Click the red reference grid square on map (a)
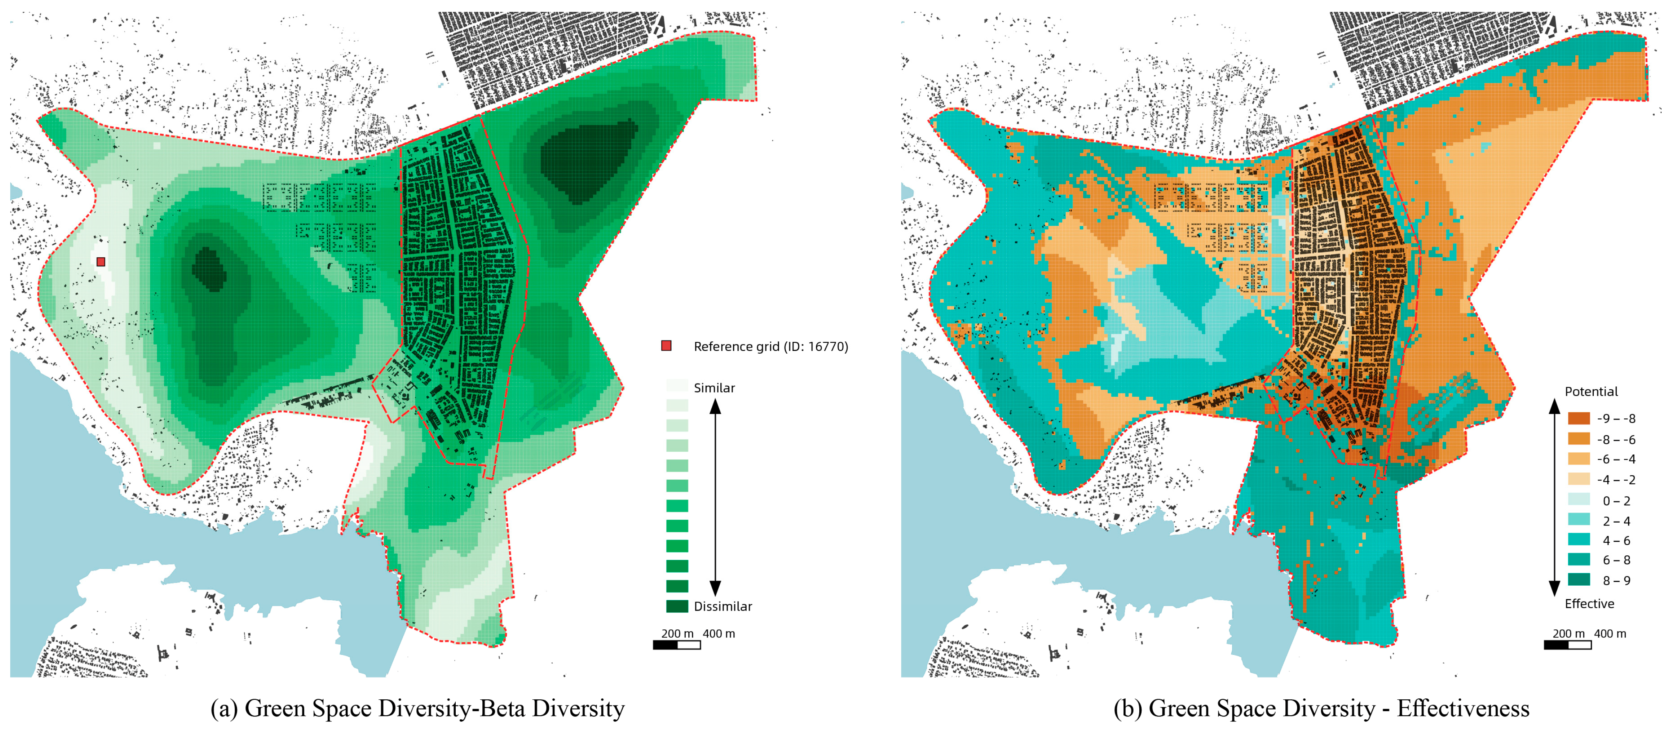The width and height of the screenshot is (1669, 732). point(100,262)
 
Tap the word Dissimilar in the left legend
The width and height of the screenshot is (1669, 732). point(722,606)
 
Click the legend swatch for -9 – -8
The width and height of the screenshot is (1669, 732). point(1579,418)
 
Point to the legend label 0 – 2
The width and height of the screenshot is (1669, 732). point(1617,501)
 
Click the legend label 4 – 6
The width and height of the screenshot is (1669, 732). point(1617,540)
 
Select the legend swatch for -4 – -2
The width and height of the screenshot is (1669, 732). point(1579,479)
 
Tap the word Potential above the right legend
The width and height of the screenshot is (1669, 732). point(1591,391)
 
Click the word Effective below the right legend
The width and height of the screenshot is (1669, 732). point(1589,604)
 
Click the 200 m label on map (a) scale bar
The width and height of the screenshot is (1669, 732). point(677,633)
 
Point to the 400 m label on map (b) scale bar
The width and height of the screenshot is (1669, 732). point(1610,633)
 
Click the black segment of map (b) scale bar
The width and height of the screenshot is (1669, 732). point(1556,645)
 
